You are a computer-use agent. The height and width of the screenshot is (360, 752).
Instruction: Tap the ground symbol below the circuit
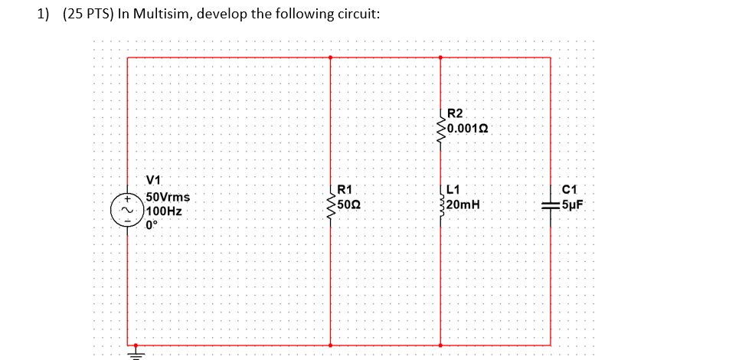(136, 354)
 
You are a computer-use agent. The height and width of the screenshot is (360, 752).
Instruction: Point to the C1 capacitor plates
(551, 205)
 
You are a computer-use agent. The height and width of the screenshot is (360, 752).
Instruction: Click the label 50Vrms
(168, 198)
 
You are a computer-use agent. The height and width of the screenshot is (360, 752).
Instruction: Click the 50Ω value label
(348, 205)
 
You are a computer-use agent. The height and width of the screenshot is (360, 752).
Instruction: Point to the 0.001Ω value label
(468, 128)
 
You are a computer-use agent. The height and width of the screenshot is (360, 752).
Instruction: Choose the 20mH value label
(464, 205)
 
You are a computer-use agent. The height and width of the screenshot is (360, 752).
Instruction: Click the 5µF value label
(572, 205)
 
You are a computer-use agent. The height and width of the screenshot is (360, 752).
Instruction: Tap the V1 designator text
(153, 181)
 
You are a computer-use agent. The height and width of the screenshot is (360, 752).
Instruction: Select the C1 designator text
(569, 190)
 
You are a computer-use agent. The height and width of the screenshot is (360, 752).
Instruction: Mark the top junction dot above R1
(331, 57)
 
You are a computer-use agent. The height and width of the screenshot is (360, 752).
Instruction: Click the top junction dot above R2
(441, 57)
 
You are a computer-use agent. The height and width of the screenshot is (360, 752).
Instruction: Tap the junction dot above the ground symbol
(136, 345)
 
